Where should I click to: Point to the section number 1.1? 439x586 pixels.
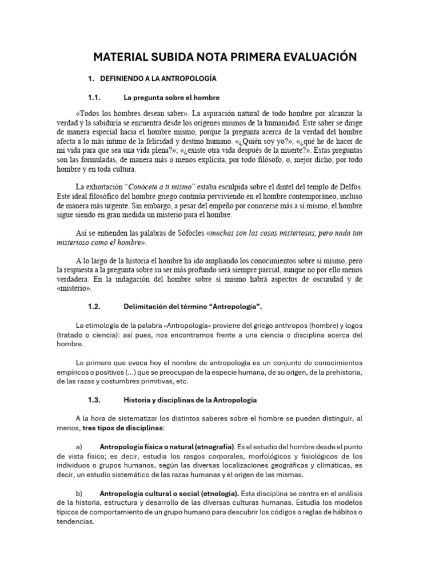pyautogui.click(x=94, y=97)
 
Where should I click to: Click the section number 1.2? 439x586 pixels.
pyautogui.click(x=94, y=307)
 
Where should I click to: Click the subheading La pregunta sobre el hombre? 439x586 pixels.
pyautogui.click(x=171, y=97)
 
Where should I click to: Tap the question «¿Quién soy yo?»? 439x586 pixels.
pyautogui.click(x=251, y=141)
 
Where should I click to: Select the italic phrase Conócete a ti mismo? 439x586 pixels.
pyautogui.click(x=162, y=187)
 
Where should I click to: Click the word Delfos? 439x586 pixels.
pyautogui.click(x=349, y=187)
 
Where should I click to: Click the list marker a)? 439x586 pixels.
pyautogui.click(x=79, y=446)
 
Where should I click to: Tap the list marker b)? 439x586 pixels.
pyautogui.click(x=79, y=493)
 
